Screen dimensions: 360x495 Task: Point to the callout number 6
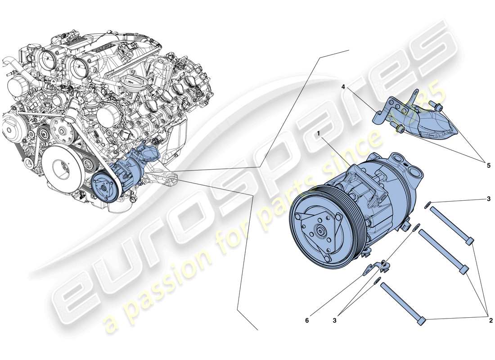307,320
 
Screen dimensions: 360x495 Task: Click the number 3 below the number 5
488,198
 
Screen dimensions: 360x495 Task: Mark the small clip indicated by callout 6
375,267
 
